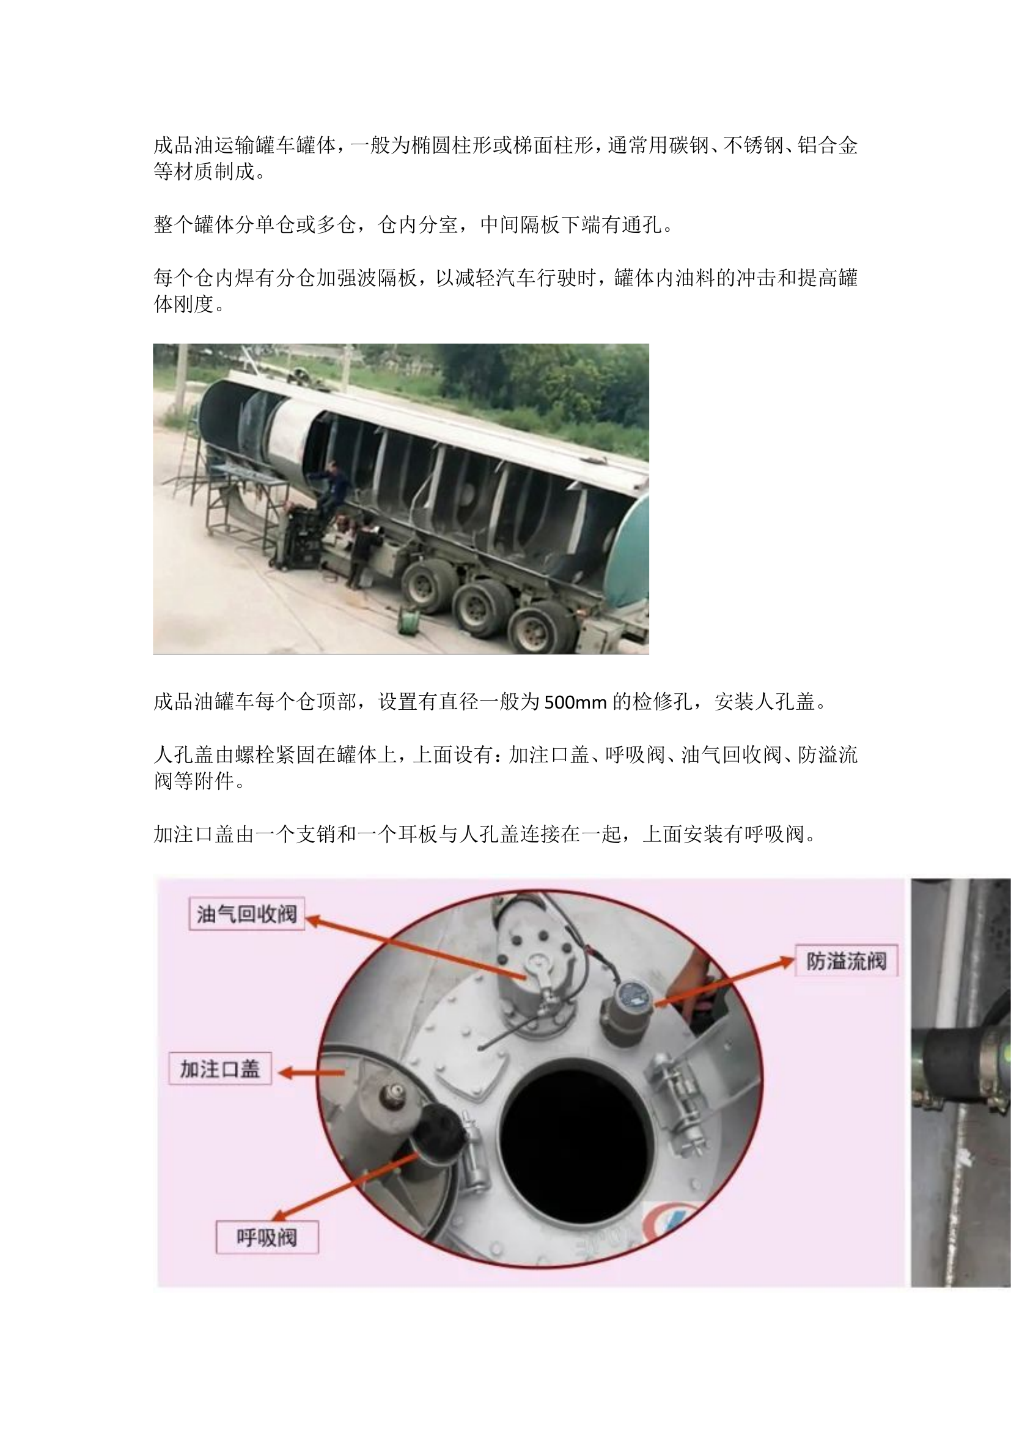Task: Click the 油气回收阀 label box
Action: coord(246,913)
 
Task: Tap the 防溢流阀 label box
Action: coord(846,961)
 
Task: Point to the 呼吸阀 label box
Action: coord(267,1237)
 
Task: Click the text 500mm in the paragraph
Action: coord(575,702)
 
